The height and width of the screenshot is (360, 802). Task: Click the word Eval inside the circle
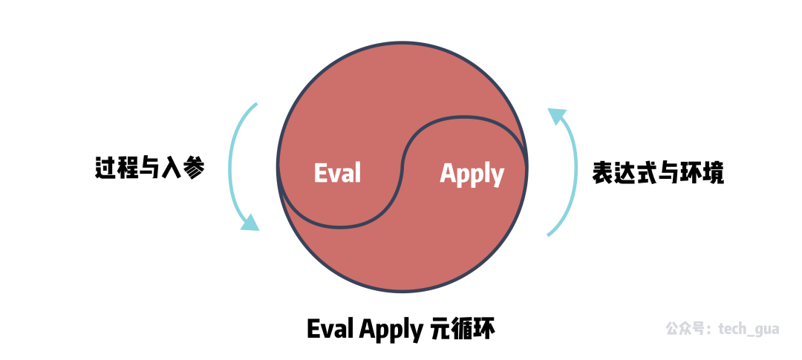click(x=337, y=173)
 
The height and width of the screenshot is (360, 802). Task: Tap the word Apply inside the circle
click(x=472, y=175)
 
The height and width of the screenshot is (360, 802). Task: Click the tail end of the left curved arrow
click(x=255, y=104)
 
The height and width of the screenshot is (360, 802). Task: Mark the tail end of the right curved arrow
click(x=549, y=235)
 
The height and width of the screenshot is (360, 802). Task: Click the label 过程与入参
click(x=149, y=168)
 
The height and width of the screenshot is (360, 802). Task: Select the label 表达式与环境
click(x=658, y=173)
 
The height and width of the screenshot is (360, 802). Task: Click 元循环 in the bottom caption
click(x=463, y=329)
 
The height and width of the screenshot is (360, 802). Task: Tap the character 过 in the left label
click(x=105, y=168)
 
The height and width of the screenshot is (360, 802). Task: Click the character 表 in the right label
click(x=602, y=173)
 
